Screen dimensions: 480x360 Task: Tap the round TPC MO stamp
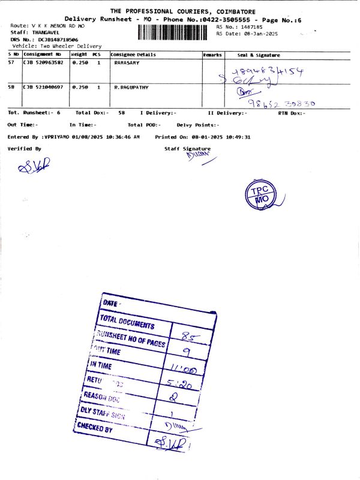[260, 194]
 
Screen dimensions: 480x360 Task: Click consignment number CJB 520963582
[43, 62]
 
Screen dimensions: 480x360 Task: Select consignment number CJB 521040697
[43, 88]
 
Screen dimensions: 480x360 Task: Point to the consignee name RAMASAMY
[127, 62]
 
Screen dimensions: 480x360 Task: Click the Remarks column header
[212, 55]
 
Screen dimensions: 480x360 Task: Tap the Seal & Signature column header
[259, 55]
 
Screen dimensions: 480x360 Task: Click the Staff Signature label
[187, 148]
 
